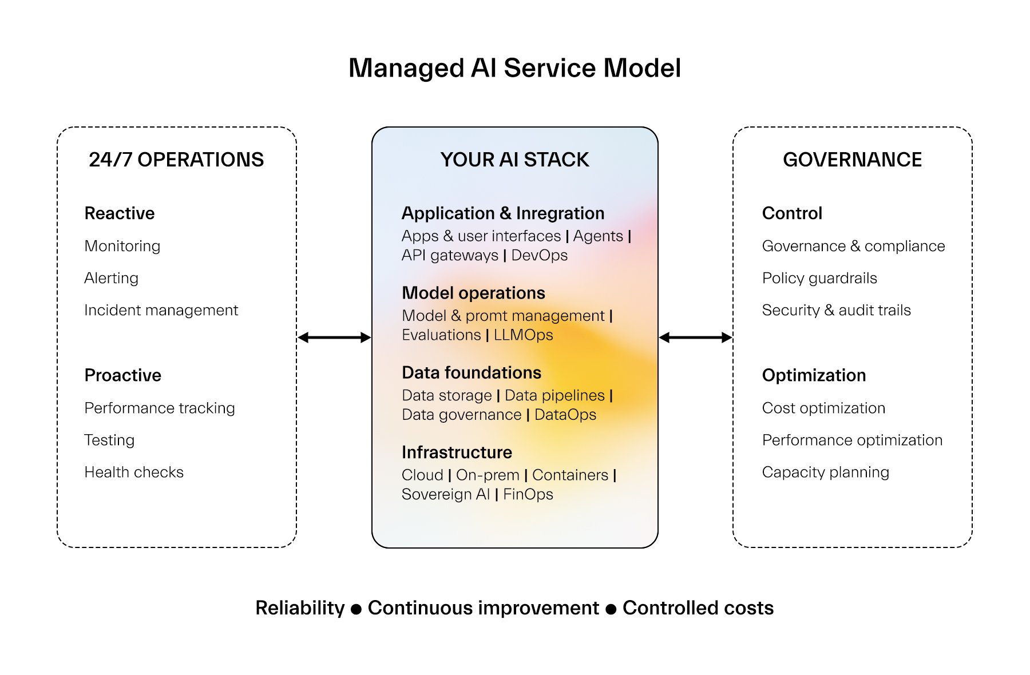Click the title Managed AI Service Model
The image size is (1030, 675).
514,68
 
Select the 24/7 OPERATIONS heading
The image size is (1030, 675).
176,160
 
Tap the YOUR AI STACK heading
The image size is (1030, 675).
514,160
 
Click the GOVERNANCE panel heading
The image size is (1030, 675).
852,160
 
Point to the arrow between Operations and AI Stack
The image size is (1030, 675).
334,337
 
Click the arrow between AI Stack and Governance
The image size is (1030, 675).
695,337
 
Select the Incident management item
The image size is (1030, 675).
161,310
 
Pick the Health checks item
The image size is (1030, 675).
134,472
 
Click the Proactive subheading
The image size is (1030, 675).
122,375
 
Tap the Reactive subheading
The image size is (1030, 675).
119,213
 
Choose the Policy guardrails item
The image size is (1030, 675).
819,278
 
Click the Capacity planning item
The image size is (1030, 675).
825,472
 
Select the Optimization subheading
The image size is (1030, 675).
814,375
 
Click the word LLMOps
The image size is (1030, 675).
523,335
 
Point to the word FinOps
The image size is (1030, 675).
528,494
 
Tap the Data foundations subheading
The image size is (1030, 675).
472,373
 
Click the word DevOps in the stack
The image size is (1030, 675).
539,255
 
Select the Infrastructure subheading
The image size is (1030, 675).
457,452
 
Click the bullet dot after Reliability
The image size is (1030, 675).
356,609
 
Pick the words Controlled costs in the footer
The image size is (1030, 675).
698,608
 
